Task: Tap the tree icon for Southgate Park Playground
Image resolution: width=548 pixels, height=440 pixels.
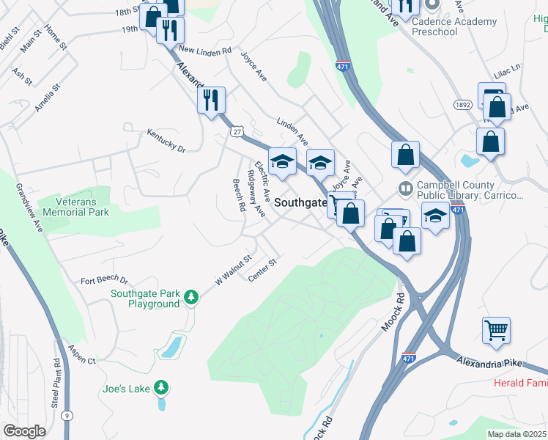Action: [191, 297]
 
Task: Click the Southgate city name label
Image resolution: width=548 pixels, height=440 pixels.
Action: [300, 206]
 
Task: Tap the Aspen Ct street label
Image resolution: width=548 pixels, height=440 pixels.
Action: [81, 355]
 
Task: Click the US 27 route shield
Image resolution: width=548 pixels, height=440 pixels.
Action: [236, 131]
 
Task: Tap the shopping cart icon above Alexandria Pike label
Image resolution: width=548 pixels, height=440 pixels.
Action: [496, 330]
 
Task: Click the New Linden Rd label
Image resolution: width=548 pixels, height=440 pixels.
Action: [204, 51]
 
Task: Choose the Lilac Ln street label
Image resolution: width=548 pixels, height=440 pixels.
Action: [506, 66]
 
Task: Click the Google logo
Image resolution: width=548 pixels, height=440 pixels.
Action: [24, 430]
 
